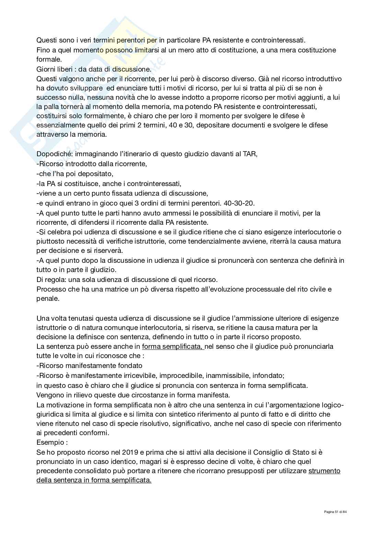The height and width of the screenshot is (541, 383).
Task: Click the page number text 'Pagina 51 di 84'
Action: tap(336, 512)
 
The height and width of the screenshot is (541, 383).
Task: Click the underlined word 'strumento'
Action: tap(324, 471)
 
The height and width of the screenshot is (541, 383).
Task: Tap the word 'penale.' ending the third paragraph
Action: tap(48, 298)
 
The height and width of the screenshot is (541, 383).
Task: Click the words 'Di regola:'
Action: tap(49, 279)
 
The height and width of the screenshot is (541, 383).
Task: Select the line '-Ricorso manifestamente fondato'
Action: tap(89, 366)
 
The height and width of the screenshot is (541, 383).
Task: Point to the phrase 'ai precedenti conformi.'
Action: tap(73, 433)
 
